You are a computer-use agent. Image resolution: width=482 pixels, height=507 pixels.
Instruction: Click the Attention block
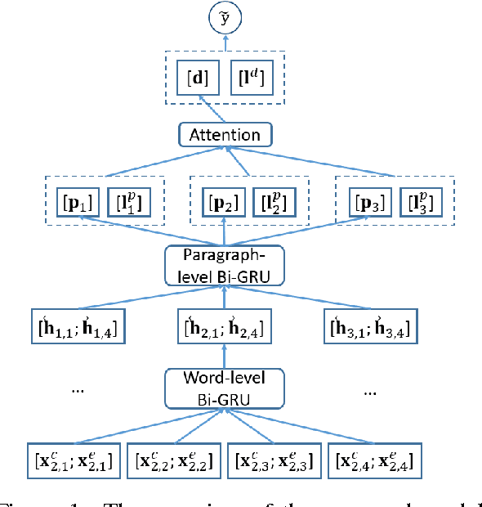pyautogui.click(x=225, y=134)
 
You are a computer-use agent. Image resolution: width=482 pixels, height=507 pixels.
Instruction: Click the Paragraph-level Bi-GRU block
pyautogui.click(x=225, y=265)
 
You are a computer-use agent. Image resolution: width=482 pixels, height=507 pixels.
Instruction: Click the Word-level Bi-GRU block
pyautogui.click(x=225, y=388)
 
